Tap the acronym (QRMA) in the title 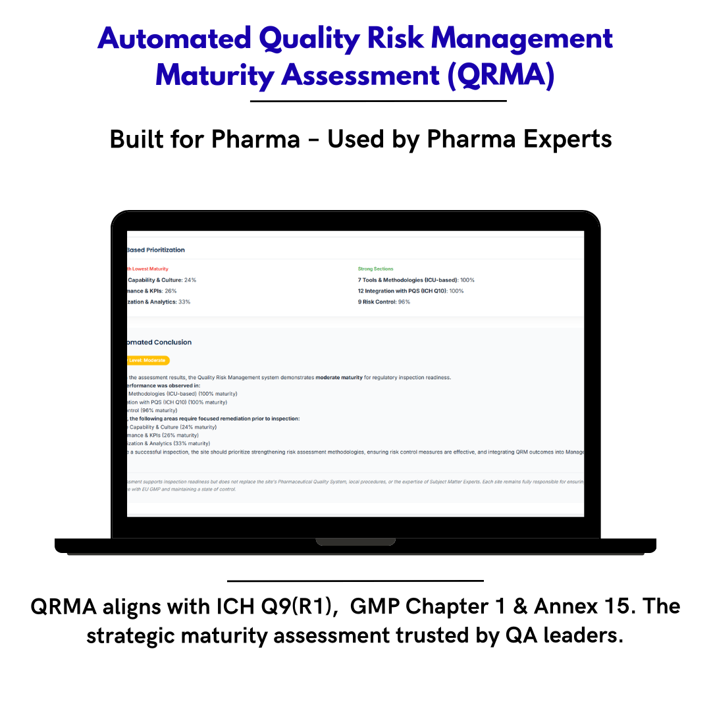[x=500, y=75]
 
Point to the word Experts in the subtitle [x=566, y=139]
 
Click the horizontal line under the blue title [x=379, y=101]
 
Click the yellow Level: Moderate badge [x=149, y=360]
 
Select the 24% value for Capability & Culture [x=190, y=280]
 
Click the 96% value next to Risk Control [x=404, y=302]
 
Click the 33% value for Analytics [x=184, y=302]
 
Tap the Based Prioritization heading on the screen [x=156, y=250]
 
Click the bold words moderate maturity [x=338, y=377]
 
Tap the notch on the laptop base [x=355, y=542]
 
